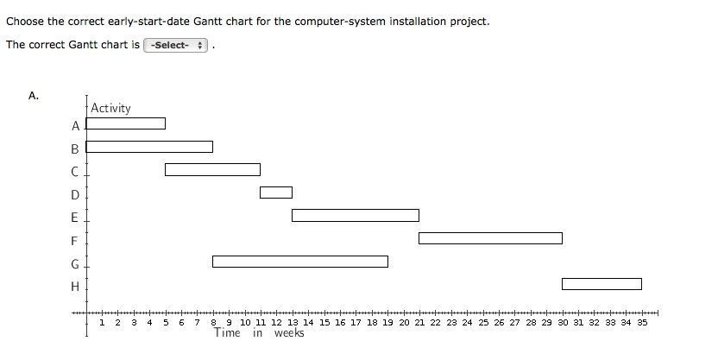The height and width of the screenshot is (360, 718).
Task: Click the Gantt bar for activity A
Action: pos(125,123)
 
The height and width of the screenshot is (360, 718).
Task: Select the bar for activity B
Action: pos(149,147)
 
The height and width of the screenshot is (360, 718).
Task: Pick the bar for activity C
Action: pos(212,169)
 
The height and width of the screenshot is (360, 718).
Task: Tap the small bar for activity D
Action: pos(275,192)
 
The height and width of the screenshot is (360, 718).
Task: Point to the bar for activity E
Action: pos(355,215)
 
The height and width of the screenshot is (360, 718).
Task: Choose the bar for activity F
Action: pos(490,238)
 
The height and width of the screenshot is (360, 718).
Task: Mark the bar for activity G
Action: pos(299,262)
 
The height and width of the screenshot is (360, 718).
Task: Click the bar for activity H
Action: pos(601,284)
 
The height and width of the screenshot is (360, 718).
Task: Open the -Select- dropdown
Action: pos(176,45)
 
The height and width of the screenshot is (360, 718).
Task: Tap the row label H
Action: pos(75,286)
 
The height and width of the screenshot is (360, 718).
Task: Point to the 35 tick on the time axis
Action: pos(642,322)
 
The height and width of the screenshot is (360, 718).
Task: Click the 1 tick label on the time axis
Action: pos(103,322)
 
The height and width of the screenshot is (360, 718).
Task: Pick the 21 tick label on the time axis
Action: pos(419,322)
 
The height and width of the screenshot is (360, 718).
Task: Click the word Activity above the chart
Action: pos(110,108)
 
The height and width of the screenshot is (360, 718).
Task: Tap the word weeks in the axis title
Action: pos(289,333)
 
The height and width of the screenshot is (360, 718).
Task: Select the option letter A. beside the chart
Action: pos(34,96)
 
